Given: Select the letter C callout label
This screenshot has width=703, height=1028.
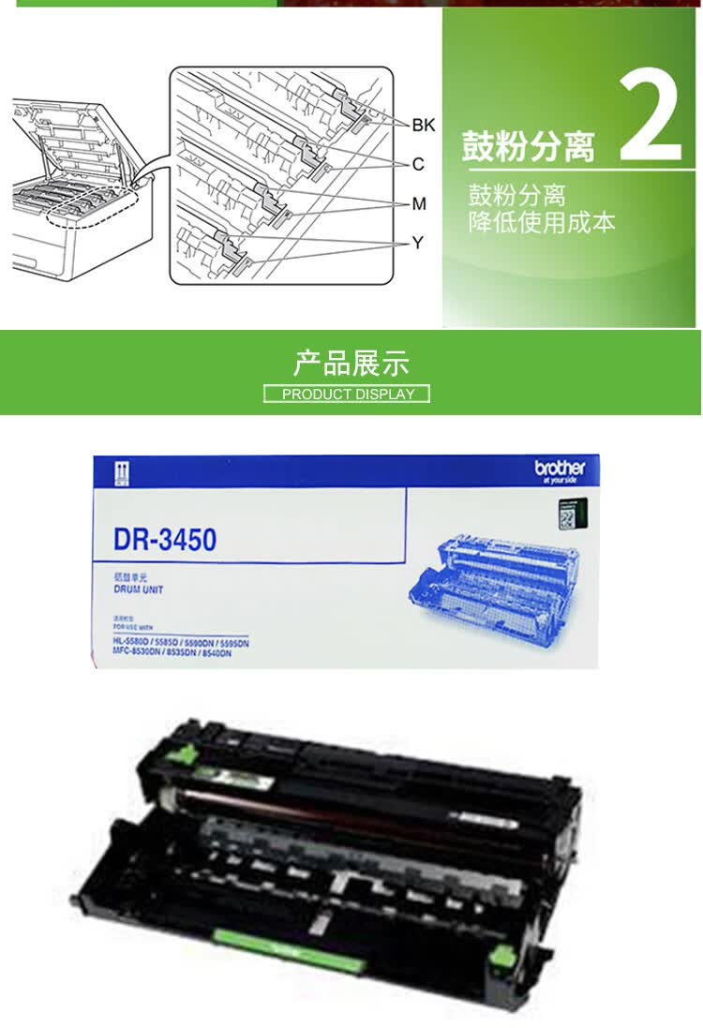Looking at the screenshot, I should pyautogui.click(x=418, y=164).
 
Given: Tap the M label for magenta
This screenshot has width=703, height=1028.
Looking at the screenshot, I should pyautogui.click(x=418, y=203).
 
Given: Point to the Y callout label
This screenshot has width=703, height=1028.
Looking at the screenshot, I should pyautogui.click(x=418, y=243).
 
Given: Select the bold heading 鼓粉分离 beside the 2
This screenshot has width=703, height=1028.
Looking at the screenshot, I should pyautogui.click(x=528, y=147).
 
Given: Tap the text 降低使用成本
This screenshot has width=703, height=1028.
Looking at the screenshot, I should pyautogui.click(x=542, y=223).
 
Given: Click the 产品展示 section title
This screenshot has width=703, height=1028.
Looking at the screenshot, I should pyautogui.click(x=351, y=363).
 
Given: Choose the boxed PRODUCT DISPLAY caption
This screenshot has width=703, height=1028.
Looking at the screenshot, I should pyautogui.click(x=347, y=394).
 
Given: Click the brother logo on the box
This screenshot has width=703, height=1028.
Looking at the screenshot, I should pyautogui.click(x=560, y=469).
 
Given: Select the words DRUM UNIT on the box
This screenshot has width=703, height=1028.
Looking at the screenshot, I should pyautogui.click(x=139, y=590).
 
